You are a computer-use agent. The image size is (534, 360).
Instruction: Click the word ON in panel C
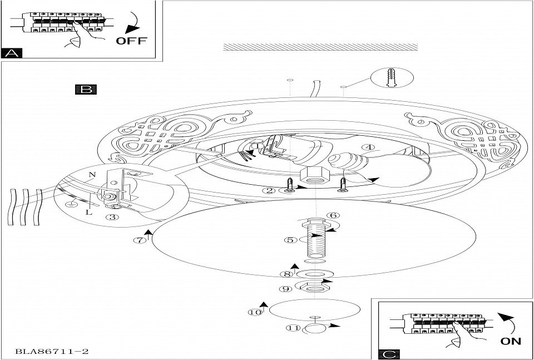[x=511, y=341]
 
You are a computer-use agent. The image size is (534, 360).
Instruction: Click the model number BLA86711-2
[x=53, y=351]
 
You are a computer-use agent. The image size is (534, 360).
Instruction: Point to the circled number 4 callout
[x=372, y=148]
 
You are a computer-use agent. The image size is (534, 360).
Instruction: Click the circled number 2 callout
[x=270, y=190]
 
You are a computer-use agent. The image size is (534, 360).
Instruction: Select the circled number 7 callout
[x=140, y=240]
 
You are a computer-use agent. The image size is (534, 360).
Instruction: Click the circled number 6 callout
[x=333, y=215]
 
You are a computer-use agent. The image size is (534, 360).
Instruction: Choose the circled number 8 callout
[x=287, y=274]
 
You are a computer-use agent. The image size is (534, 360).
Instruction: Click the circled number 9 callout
[x=287, y=289]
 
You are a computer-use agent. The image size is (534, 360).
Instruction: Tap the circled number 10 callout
[x=255, y=312]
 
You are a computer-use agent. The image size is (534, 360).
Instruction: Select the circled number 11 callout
[x=291, y=328]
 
